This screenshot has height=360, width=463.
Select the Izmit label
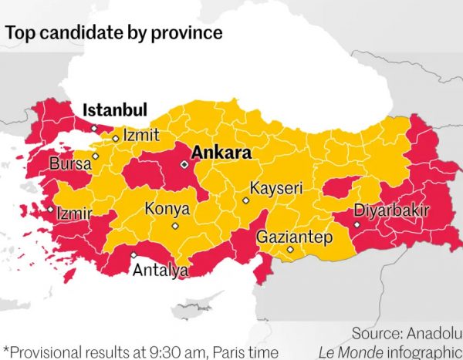click(x=141, y=135)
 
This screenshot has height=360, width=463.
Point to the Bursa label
click(x=70, y=163)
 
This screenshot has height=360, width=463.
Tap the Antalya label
click(x=161, y=271)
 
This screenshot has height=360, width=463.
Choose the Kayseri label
click(x=276, y=188)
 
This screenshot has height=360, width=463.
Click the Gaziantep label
click(x=295, y=237)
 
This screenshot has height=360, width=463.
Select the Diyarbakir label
click(x=391, y=210)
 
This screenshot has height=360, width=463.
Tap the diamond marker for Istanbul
click(x=94, y=128)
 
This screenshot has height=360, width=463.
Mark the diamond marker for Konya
click(x=175, y=226)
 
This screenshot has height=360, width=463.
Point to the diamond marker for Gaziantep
click(x=290, y=250)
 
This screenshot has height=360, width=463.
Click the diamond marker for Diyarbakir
click(x=357, y=224)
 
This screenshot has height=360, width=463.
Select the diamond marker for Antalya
click(x=133, y=255)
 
